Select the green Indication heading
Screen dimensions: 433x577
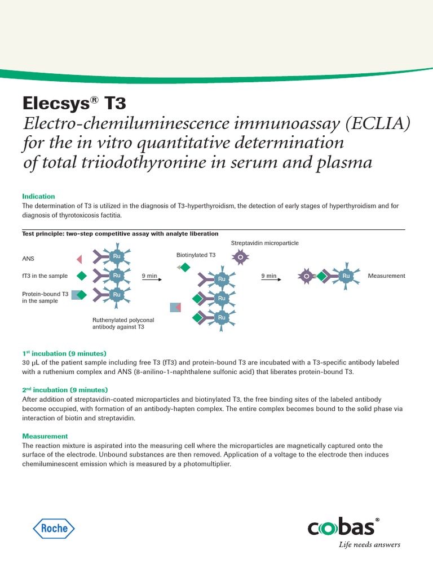38,197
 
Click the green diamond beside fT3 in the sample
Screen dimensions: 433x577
82,276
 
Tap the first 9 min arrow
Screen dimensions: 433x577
149,279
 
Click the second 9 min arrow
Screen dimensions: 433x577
269,279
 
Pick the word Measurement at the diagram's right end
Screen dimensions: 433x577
386,276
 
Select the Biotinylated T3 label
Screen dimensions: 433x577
196,255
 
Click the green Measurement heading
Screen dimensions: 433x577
45,436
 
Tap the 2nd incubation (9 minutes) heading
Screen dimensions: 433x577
64,390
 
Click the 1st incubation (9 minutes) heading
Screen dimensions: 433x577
64,353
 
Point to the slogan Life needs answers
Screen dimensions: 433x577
369,544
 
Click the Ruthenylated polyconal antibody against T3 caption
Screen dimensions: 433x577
123,323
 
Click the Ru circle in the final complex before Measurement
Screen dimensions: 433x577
346,276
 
